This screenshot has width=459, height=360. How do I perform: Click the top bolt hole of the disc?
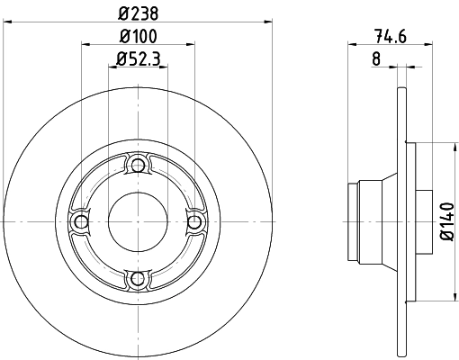137,165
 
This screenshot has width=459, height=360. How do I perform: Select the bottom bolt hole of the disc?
137,278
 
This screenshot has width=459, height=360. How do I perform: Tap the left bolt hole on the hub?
81,221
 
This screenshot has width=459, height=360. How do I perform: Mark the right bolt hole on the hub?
193,221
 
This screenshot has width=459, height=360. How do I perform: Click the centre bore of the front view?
137,221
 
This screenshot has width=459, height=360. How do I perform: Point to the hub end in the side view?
353,221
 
